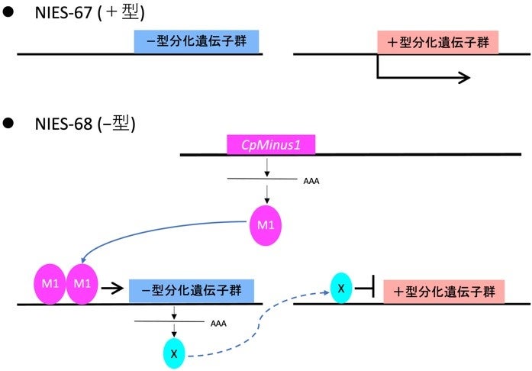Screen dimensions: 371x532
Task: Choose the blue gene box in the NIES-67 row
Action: click(x=197, y=42)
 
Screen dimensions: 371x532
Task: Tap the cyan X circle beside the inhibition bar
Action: click(x=342, y=288)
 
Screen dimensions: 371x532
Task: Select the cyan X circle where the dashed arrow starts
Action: click(x=175, y=353)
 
